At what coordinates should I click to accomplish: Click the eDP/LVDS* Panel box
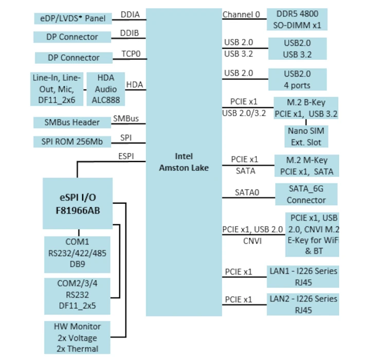[x=72, y=19]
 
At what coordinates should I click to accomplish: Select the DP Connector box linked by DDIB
[x=72, y=37]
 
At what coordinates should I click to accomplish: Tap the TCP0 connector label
[x=132, y=53]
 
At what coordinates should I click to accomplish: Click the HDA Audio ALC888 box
[x=106, y=88]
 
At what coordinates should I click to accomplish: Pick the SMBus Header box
[x=72, y=122]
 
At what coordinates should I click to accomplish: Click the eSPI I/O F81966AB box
[x=78, y=203]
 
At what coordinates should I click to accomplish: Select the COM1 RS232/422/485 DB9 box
[x=77, y=254]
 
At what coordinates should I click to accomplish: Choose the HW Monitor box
[x=77, y=337]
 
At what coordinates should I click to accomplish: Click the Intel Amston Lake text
[x=183, y=162]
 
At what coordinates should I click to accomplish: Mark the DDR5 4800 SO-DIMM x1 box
[x=297, y=20]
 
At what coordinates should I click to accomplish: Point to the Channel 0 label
[x=241, y=14]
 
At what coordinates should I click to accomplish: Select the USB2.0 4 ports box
[x=297, y=79]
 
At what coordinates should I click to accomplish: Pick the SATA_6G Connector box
[x=306, y=193]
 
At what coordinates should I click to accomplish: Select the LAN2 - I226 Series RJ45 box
[x=303, y=304]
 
